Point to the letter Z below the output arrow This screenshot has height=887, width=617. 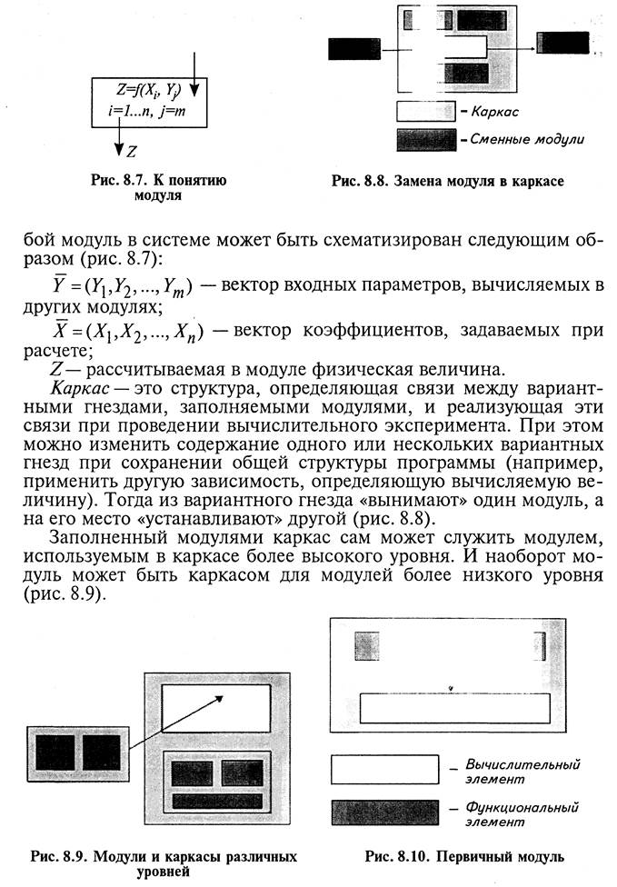pyautogui.click(x=133, y=151)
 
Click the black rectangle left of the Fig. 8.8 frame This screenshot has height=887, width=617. pyautogui.click(x=353, y=47)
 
